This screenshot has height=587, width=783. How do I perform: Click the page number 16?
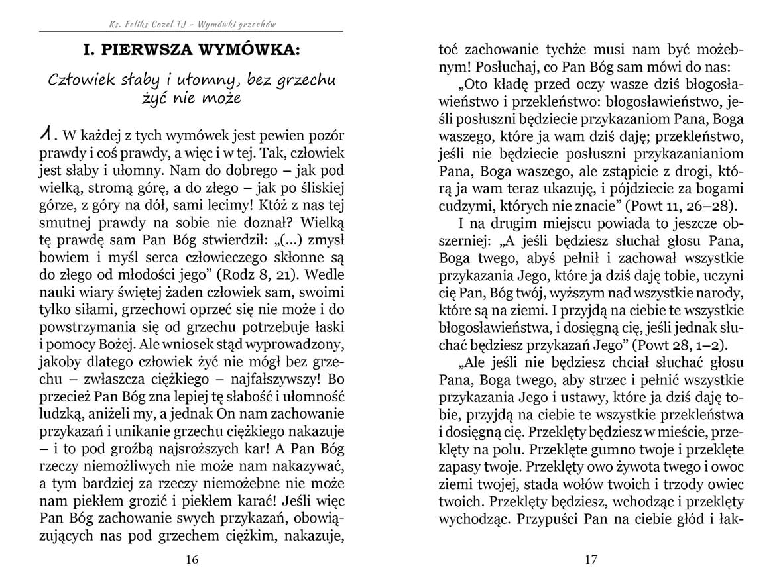pos(192,560)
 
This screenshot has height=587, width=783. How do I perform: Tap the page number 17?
pos(591,560)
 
